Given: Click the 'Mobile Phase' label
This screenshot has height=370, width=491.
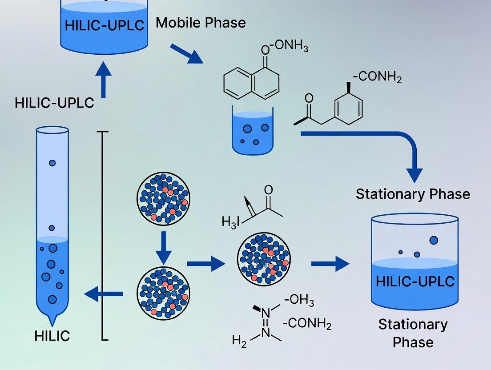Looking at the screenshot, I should pyautogui.click(x=201, y=23).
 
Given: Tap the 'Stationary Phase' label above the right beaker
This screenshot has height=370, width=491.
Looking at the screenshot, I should pyautogui.click(x=413, y=194).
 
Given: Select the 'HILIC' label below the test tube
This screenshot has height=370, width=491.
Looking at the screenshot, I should pyautogui.click(x=52, y=336).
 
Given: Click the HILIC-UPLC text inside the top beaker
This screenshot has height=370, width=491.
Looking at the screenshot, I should pyautogui.click(x=105, y=25).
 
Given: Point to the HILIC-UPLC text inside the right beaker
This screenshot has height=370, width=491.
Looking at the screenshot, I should pyautogui.click(x=415, y=282).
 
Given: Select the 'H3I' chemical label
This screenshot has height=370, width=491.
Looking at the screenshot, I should pyautogui.click(x=231, y=220).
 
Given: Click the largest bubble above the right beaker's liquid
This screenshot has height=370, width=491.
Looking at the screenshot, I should pyautogui.click(x=434, y=240).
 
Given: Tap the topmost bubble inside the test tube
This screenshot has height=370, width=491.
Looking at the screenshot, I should pyautogui.click(x=52, y=163).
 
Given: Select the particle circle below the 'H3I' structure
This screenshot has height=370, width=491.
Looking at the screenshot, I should pyautogui.click(x=264, y=260).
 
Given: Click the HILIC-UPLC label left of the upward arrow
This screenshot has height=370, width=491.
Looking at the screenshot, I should pyautogui.click(x=54, y=103).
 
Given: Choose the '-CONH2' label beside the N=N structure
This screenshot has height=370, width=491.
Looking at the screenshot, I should pyautogui.click(x=307, y=324).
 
